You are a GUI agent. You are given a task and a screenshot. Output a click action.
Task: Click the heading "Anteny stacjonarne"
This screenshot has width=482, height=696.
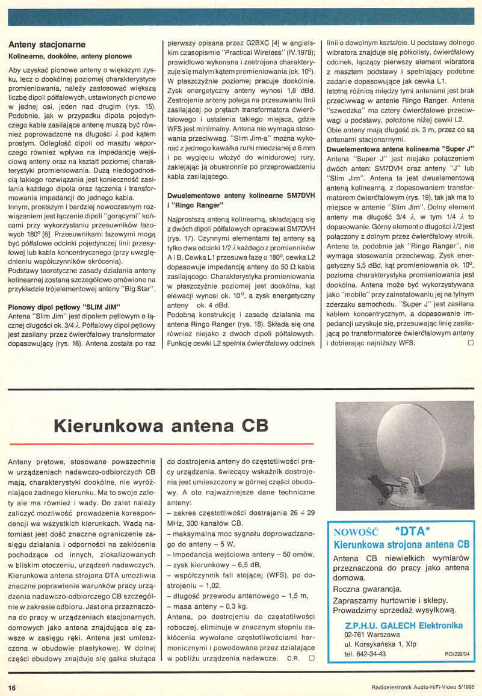pyautogui.click(x=47, y=45)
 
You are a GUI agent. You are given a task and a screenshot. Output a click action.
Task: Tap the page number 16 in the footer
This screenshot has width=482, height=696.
pyautogui.click(x=12, y=687)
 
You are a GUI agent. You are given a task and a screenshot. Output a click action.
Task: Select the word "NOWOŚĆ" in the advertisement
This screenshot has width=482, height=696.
pyautogui.click(x=355, y=532)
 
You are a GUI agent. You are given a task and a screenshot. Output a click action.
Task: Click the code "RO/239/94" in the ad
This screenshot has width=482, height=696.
pyautogui.click(x=457, y=654)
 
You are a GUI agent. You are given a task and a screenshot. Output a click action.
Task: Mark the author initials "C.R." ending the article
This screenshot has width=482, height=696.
pyautogui.click(x=293, y=659)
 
